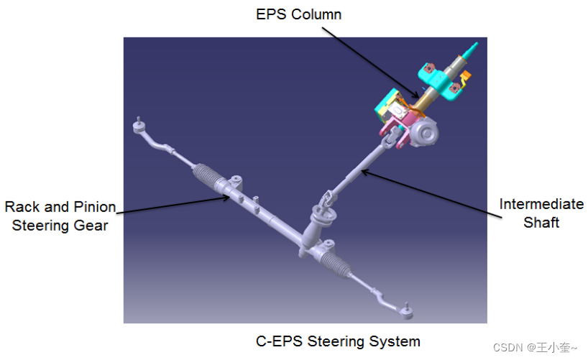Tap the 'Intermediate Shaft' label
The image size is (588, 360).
(541, 213)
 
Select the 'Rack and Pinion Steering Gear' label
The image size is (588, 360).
(60, 216)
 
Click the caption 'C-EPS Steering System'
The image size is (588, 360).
(338, 341)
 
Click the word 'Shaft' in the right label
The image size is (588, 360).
(541, 222)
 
